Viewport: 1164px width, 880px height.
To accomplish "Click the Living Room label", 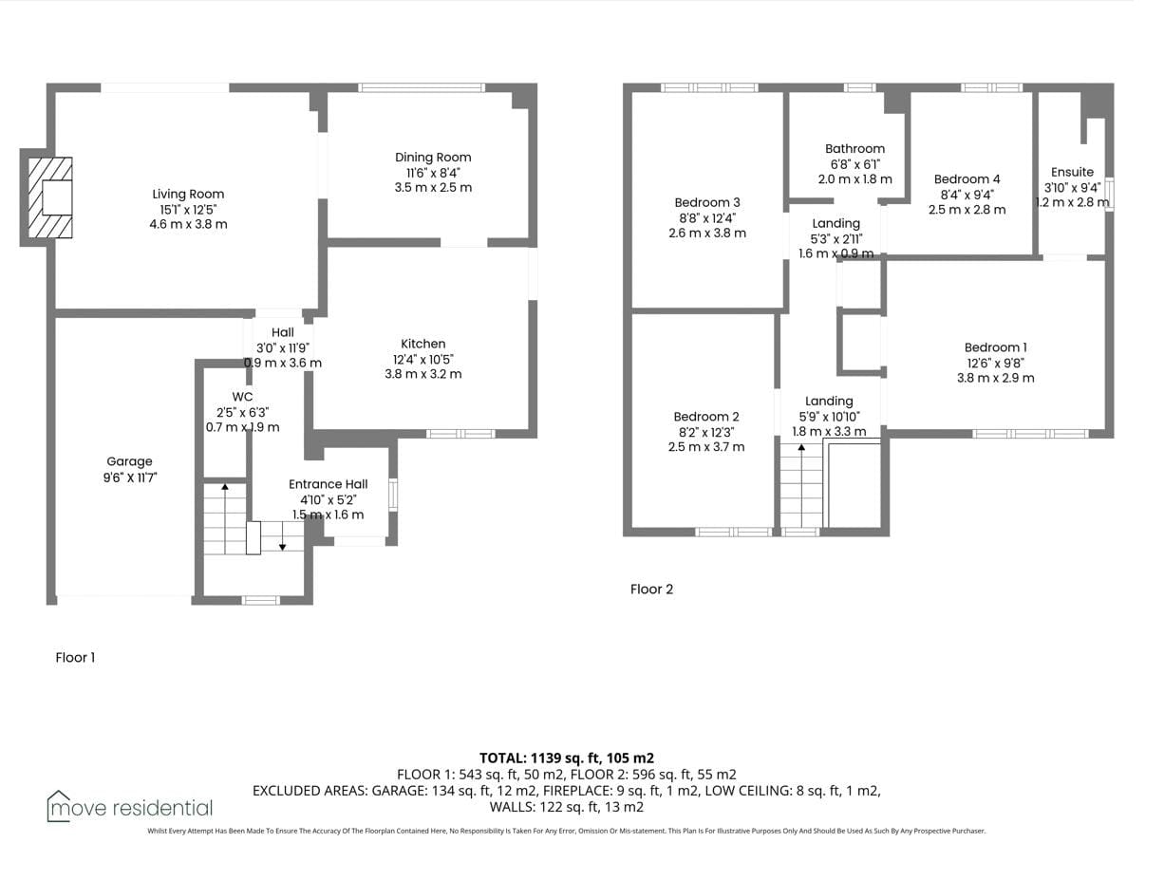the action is tap(188, 194).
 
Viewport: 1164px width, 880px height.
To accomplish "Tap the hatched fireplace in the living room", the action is tap(50, 197).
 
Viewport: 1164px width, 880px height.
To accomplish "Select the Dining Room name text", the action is tap(433, 158).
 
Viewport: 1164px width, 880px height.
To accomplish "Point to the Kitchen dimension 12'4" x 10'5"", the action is tap(423, 360).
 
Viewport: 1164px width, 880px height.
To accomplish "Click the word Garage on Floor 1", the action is tap(129, 461).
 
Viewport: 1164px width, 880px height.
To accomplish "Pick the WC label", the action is tap(242, 397).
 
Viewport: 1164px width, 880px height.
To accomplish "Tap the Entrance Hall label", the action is tap(329, 484).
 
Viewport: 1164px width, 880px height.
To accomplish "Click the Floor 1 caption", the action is tap(75, 657).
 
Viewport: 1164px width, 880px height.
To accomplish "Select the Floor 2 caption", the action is tap(651, 589).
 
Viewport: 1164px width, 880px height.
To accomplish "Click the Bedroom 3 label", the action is tap(707, 202).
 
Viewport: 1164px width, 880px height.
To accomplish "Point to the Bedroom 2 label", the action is tap(706, 417).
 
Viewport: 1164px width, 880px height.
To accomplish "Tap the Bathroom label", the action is tap(854, 149).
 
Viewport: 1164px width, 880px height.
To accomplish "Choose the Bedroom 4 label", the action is tap(967, 179).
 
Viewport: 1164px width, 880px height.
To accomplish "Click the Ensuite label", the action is tap(1072, 172).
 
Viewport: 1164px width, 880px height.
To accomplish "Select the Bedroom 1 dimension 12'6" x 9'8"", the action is tap(995, 364).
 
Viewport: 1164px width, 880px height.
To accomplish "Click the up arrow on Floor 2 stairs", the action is tap(801, 486).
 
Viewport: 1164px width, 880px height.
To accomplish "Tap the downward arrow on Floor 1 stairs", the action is tap(283, 536).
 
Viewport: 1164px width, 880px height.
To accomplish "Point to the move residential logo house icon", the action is tap(58, 806).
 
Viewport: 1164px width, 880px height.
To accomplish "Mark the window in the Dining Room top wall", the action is tap(421, 87).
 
